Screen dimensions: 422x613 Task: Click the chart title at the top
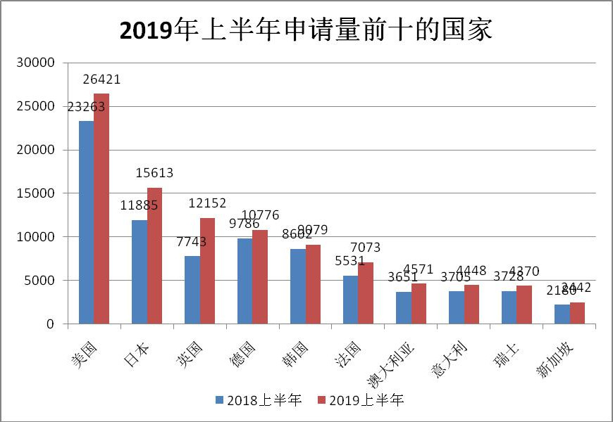tap(306, 30)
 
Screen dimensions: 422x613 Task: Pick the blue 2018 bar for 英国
tap(192, 290)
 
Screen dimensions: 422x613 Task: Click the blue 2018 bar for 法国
tap(350, 300)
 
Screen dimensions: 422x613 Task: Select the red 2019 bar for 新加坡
tap(577, 313)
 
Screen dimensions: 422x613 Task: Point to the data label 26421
tap(101, 79)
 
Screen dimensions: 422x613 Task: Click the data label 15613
tap(154, 173)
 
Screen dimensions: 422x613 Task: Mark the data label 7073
tap(366, 248)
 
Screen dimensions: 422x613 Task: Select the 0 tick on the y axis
tap(51, 324)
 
